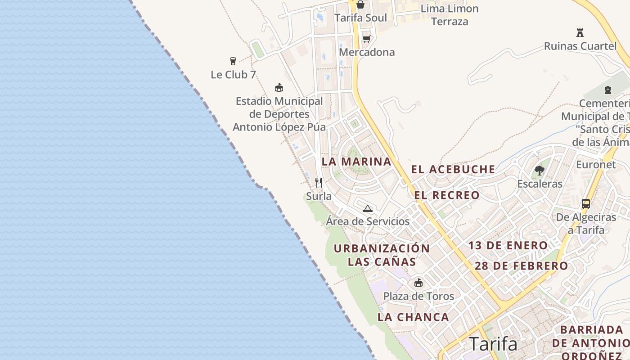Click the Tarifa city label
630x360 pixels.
(493, 344)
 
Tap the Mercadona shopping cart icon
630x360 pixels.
(367, 39)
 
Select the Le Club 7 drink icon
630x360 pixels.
(233, 61)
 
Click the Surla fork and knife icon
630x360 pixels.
(319, 182)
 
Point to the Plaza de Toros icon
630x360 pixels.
(418, 283)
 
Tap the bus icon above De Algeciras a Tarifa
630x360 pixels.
(585, 203)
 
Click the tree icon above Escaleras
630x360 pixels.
(539, 171)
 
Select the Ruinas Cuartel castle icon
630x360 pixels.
(580, 32)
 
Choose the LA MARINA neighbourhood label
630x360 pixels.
(356, 162)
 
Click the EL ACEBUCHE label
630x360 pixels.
(453, 170)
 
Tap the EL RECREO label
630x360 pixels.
(447, 195)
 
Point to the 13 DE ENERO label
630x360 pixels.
(508, 246)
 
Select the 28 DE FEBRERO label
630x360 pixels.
(522, 266)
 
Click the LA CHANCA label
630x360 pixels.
(413, 317)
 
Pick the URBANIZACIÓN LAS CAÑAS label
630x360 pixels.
(382, 255)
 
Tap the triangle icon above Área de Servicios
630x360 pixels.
(368, 208)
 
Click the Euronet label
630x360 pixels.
(596, 165)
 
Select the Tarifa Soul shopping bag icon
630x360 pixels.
(360, 5)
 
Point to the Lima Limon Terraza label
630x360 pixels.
(450, 15)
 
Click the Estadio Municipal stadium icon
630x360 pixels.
(279, 87)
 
